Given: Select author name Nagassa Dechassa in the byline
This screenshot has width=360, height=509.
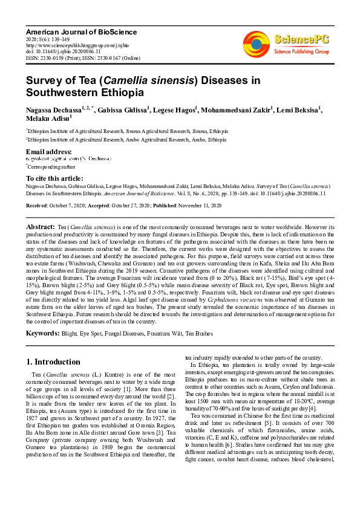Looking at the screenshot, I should click(x=50, y=110).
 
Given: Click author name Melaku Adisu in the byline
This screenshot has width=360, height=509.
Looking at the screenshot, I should click(x=47, y=119).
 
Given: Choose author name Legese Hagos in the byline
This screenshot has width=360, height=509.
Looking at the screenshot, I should click(x=177, y=110).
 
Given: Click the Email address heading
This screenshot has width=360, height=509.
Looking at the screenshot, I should click(x=48, y=152).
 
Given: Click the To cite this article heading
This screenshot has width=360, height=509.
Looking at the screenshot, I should click(x=54, y=178).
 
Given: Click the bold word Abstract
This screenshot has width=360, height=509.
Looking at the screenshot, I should click(x=41, y=226).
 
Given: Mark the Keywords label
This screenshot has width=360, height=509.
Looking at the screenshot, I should click(x=42, y=333).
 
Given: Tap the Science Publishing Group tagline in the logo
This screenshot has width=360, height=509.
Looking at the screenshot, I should click(x=301, y=52).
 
